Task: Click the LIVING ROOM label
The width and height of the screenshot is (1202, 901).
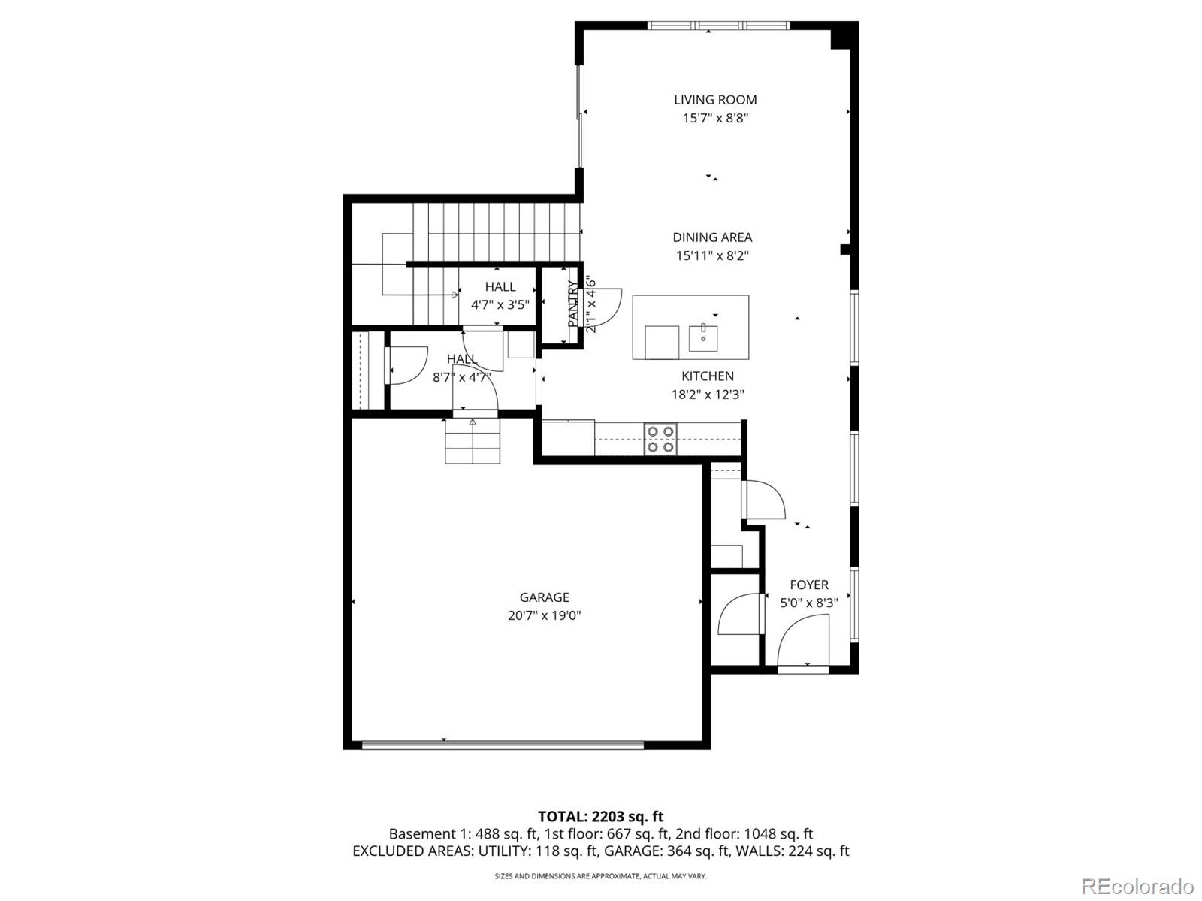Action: coord(714,100)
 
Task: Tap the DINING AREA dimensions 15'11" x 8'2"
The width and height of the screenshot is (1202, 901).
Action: coord(712,255)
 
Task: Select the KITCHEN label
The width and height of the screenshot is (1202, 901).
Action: coord(707,376)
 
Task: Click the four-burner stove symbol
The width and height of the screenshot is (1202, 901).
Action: coord(660,439)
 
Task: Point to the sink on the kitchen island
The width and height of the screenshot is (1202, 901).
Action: coord(703,338)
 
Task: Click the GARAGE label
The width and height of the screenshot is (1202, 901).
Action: coord(544,597)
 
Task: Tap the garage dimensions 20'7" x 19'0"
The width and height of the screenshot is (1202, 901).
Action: coord(544,616)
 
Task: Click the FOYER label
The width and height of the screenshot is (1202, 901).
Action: coord(808,585)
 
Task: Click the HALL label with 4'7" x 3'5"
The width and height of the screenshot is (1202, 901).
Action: coord(500,287)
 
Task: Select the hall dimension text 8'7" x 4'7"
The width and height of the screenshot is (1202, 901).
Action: coord(461,377)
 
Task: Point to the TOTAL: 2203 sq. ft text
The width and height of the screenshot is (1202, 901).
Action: coord(600,816)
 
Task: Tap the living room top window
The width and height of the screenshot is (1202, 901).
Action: coord(718,26)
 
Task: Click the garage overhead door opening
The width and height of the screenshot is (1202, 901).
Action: coord(503,745)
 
